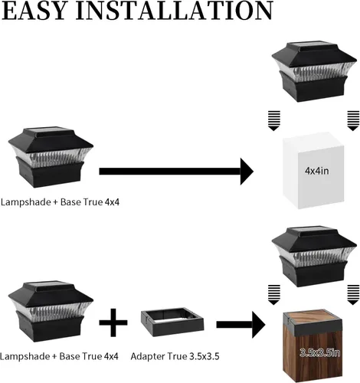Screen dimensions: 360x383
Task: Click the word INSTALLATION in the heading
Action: tap(175, 10)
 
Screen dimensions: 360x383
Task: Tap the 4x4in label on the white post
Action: tap(316, 171)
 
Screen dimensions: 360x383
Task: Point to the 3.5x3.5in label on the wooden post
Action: tap(319, 353)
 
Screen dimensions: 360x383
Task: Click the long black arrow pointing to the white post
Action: tap(176, 172)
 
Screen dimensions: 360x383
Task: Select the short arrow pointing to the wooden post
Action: tap(241, 325)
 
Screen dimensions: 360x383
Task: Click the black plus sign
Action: tap(113, 322)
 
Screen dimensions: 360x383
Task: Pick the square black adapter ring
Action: tap(172, 322)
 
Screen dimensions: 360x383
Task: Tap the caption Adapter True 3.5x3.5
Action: tap(175, 356)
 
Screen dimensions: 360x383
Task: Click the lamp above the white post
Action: tap(314, 72)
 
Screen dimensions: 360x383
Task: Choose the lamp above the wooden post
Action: tap(314, 257)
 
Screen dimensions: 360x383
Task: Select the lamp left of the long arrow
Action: tap(51, 158)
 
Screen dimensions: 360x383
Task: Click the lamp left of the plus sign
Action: tap(51, 312)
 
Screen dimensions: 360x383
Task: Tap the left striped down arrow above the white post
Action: tap(274, 121)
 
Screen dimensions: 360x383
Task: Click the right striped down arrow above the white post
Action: tap(353, 121)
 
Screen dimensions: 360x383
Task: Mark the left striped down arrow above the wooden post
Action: tap(274, 295)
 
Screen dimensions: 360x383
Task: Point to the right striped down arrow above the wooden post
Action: tap(353, 295)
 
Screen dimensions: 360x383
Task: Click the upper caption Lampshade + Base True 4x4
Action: tap(60, 202)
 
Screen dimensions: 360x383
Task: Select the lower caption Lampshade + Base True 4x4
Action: tap(60, 356)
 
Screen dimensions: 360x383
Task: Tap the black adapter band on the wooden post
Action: tap(313, 328)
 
